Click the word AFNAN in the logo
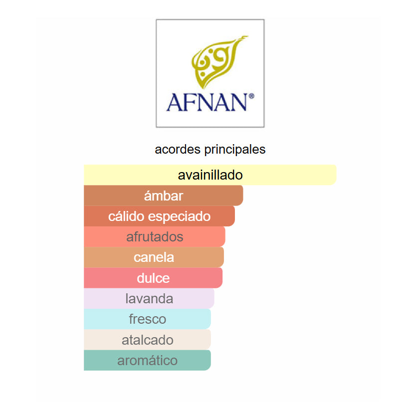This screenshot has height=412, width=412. click(206, 102)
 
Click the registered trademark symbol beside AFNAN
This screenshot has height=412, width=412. click(251, 95)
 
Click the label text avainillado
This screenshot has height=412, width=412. click(210, 175)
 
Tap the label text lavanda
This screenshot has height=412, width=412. click(149, 298)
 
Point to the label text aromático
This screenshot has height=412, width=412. click(147, 360)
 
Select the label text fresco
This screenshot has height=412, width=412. click(147, 319)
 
